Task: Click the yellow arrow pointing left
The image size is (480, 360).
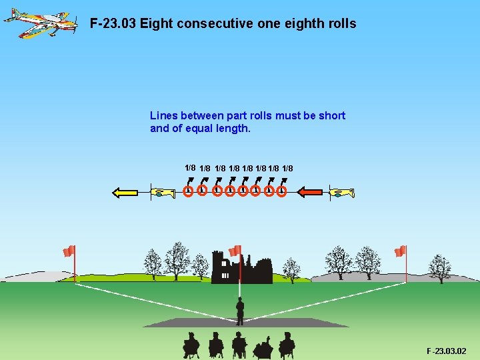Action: (x=125, y=193)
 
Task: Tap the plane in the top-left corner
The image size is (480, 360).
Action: (x=39, y=21)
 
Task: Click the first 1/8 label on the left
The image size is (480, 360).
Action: (x=190, y=167)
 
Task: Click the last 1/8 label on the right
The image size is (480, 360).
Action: (x=287, y=168)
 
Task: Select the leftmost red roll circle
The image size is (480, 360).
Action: (x=189, y=191)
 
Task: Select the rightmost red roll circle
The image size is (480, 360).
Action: (x=281, y=191)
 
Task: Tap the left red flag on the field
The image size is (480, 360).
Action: (x=69, y=251)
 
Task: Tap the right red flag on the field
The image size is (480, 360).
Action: (x=400, y=251)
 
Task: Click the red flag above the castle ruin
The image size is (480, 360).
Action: (x=235, y=251)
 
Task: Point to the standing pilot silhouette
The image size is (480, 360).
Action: (x=240, y=311)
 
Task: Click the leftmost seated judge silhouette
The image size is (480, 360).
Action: (x=191, y=344)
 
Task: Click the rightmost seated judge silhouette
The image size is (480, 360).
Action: (x=287, y=344)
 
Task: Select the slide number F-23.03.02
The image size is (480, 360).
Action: (x=447, y=351)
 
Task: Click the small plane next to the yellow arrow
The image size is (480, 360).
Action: (x=163, y=193)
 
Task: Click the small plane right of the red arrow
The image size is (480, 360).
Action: (x=341, y=193)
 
